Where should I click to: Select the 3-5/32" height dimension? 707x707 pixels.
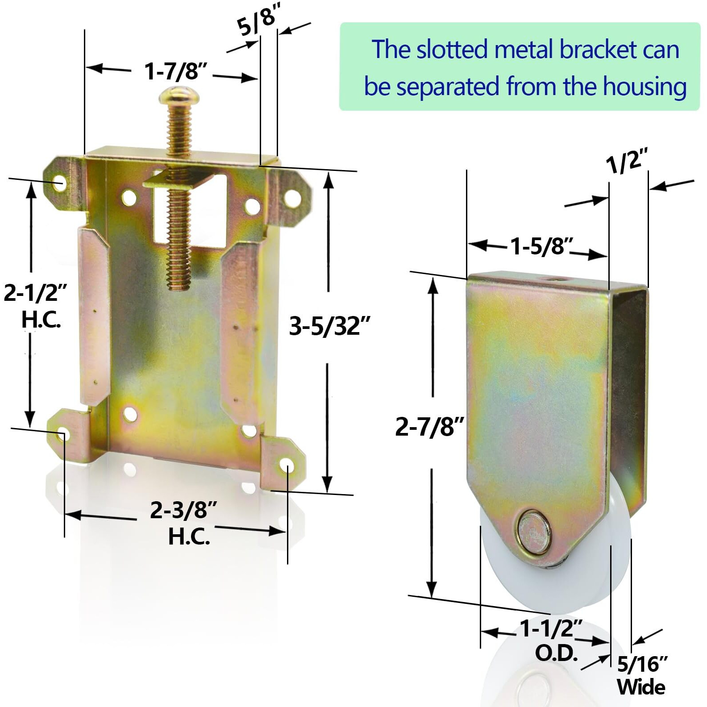[x=329, y=326]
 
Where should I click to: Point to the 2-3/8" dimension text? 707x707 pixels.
[x=183, y=510]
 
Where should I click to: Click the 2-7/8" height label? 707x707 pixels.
[x=430, y=427]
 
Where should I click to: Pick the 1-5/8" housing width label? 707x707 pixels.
[x=541, y=246]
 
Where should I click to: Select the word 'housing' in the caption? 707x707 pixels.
[x=645, y=87]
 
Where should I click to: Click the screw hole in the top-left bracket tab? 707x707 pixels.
[x=59, y=183]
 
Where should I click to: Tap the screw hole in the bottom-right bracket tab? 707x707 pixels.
[x=286, y=468]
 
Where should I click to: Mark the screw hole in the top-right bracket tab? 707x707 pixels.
[x=292, y=197]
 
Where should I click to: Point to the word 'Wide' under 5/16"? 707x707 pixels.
[x=641, y=687]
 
